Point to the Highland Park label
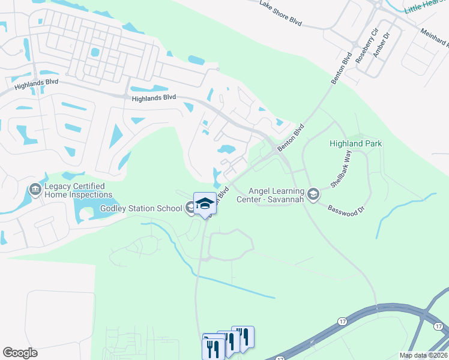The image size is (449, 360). pos(356,144)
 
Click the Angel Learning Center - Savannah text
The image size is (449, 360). pos(270,195)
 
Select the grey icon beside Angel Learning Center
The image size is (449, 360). pos(313,194)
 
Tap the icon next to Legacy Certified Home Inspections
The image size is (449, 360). pos(35,190)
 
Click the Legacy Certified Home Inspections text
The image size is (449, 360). pos(77,190)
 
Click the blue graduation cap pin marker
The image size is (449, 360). pos(205,203)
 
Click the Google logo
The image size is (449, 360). pos(20,353)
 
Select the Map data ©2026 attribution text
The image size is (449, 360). pos(424,355)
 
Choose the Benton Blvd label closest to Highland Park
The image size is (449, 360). pos(291,138)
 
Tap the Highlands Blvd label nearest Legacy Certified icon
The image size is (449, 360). pos(29,85)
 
